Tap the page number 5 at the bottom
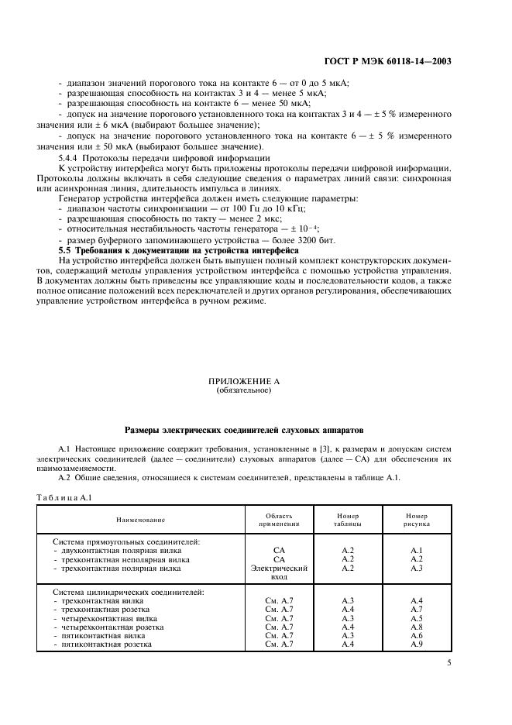[448, 663]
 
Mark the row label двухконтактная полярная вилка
[121, 550]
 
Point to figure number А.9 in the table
[417, 644]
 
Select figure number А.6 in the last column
[417, 635]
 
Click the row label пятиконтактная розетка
[107, 644]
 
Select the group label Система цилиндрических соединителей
[129, 592]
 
